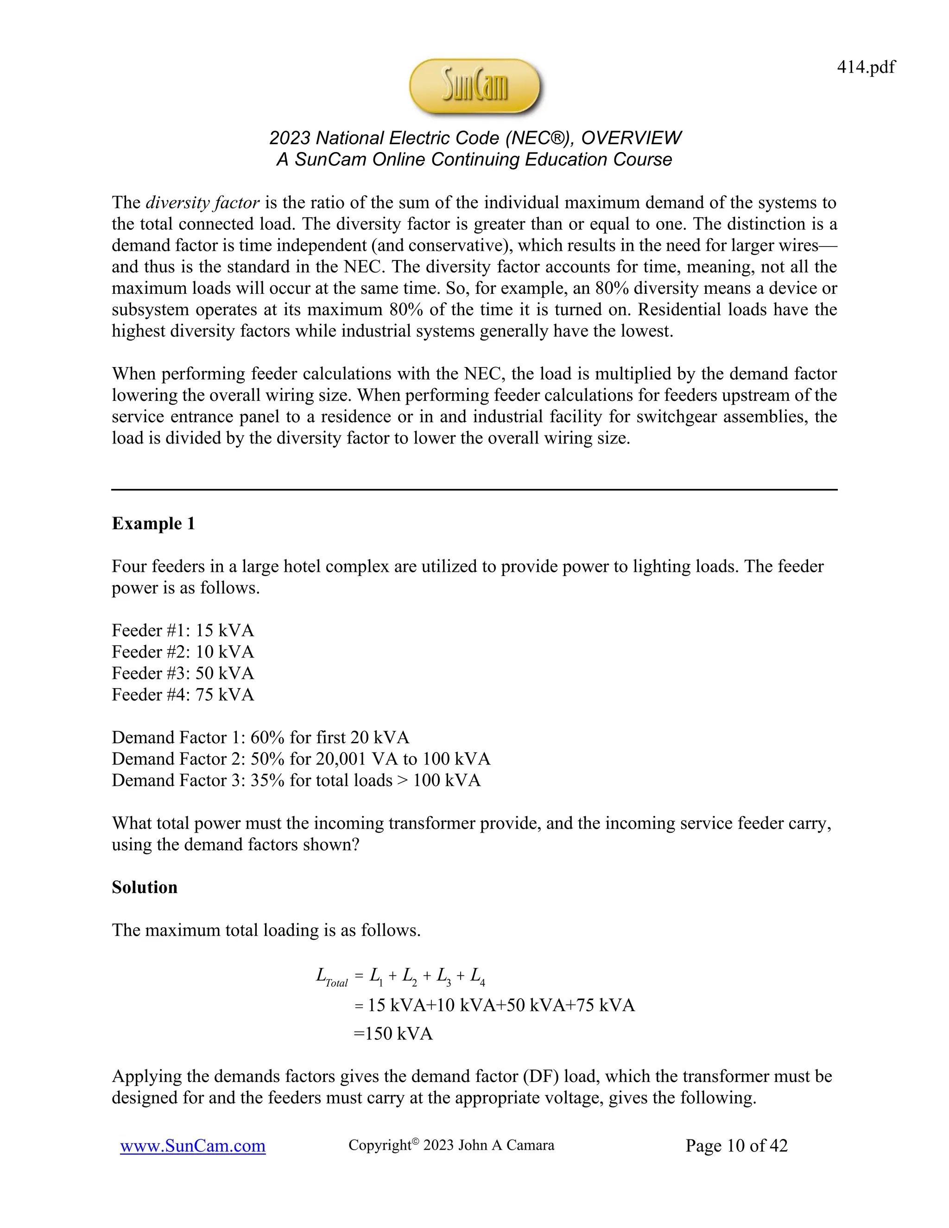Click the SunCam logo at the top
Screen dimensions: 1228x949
[475, 87]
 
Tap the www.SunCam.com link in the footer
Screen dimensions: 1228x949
[193, 1146]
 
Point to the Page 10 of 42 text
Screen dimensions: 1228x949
[736, 1146]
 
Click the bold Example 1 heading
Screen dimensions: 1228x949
[153, 524]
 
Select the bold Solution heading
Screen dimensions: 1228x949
[145, 887]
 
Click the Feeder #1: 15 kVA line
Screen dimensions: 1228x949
[183, 630]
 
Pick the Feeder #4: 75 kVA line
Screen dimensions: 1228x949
[183, 695]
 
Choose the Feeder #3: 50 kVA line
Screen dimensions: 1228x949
[183, 673]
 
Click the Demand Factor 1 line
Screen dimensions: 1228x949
[260, 737]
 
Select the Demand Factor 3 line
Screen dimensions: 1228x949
[296, 780]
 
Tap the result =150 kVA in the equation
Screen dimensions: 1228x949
[393, 1033]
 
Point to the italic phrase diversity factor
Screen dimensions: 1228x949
[202, 203]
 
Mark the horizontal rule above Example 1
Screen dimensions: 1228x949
[474, 490]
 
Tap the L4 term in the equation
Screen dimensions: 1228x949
[477, 977]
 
